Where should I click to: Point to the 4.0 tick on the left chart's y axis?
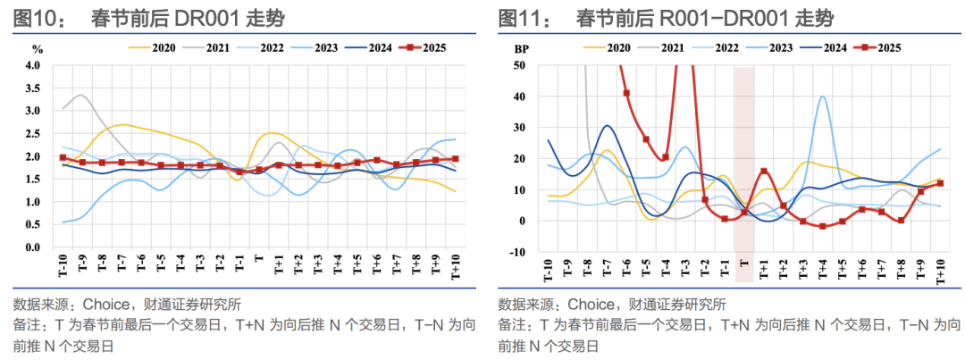[x=33, y=66]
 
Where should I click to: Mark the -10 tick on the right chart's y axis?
[x=517, y=253]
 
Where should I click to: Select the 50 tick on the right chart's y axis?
[x=519, y=66]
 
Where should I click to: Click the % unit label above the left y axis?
[x=37, y=49]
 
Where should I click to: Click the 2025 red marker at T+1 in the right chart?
[x=764, y=172]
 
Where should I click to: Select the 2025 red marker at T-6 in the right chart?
[x=626, y=93]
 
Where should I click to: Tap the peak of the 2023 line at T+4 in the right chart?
[x=822, y=96]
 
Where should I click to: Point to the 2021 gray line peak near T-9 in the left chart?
[x=81, y=95]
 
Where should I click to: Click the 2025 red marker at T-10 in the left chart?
[x=63, y=157]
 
